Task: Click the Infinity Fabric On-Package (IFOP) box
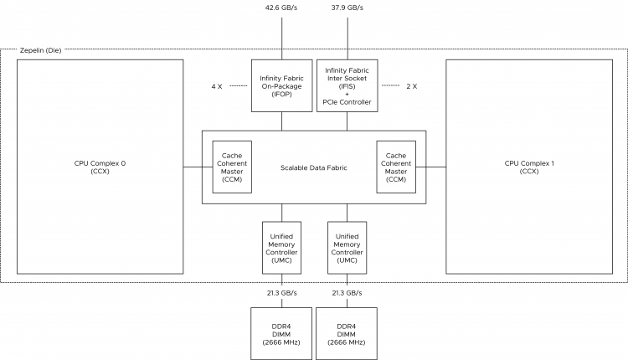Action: click(281, 85)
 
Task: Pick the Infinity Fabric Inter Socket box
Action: click(347, 85)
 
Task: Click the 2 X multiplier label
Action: click(411, 85)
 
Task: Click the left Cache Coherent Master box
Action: click(233, 167)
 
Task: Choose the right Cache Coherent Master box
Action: click(395, 167)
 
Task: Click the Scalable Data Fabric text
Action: click(314, 167)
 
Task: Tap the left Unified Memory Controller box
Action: click(281, 248)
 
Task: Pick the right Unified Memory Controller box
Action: click(347, 248)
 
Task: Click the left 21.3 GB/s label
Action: click(281, 293)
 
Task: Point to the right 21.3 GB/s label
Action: click(347, 293)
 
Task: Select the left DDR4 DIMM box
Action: click(281, 332)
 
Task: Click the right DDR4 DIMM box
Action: click(347, 332)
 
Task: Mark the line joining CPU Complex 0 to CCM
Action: click(198, 167)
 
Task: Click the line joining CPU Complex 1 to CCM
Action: click(430, 167)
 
